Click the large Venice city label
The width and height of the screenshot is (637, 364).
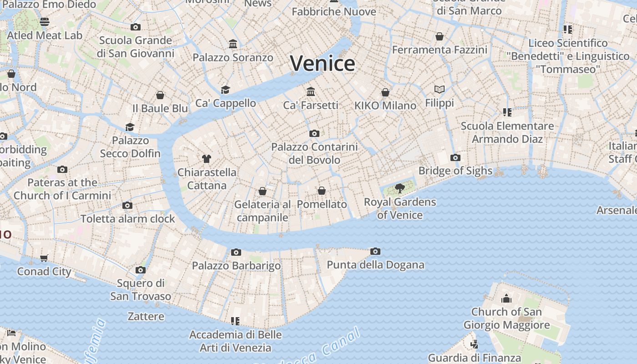click(323, 63)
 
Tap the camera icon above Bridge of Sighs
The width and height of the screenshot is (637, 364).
click(455, 158)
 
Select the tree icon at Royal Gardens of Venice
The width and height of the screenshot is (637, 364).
click(399, 188)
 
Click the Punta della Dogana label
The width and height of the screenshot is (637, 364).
click(375, 265)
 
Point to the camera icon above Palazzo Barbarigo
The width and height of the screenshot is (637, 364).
click(236, 252)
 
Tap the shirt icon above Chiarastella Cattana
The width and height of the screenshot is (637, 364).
click(207, 159)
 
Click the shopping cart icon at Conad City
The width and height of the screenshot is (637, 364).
click(44, 258)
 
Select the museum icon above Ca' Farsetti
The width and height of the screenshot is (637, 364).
click(311, 92)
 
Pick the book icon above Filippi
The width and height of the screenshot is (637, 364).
click(439, 89)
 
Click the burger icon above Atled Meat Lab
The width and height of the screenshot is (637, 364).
click(45, 22)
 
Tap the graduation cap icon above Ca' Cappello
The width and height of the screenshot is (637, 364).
click(225, 90)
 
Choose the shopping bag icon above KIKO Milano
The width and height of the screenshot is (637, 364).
click(385, 92)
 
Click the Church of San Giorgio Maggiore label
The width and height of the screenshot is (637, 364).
click(506, 318)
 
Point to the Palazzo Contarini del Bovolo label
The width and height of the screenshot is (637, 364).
click(314, 153)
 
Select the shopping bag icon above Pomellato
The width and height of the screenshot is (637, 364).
click(322, 191)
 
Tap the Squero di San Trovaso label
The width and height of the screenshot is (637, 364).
click(141, 290)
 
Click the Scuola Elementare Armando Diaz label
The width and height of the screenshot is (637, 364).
click(507, 132)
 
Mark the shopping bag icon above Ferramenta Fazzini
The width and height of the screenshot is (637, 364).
click(440, 36)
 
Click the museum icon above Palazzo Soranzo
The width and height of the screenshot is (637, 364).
click(233, 44)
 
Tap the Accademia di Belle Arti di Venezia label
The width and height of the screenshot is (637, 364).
click(236, 341)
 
